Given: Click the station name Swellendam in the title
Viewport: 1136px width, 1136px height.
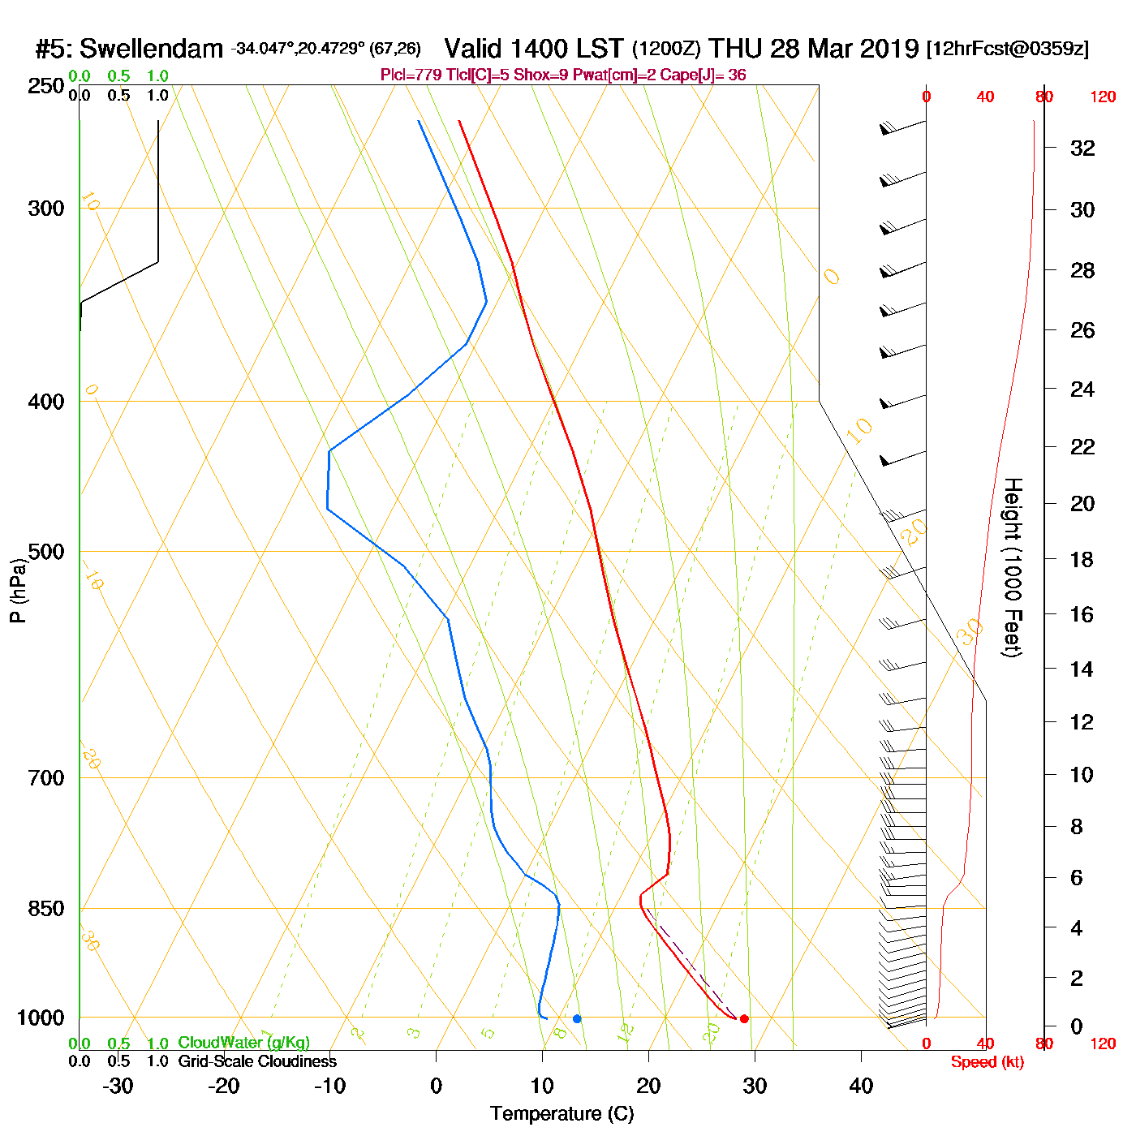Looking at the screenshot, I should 151,49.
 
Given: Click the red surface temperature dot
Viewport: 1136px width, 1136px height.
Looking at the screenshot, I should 744,1018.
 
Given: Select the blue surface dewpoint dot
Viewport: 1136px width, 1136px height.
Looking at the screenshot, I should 577,1018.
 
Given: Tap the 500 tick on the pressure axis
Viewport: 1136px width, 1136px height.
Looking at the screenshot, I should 46,552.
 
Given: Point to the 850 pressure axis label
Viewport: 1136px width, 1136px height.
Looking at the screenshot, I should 46,909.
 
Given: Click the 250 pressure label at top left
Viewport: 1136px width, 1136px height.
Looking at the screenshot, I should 46,86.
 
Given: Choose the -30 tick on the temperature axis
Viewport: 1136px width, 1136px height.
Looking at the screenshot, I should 118,1086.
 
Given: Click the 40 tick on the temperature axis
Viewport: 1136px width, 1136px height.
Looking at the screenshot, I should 861,1086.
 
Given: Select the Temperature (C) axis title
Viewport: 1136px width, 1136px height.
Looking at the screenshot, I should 562,1113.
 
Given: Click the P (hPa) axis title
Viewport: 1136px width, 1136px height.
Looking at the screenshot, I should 18,590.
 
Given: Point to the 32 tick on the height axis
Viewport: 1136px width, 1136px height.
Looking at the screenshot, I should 1082,148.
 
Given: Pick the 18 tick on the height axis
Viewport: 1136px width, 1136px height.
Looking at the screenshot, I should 1082,559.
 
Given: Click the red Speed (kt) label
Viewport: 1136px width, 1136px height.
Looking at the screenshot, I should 987,1062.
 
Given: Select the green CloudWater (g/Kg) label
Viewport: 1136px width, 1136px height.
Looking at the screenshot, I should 243,1043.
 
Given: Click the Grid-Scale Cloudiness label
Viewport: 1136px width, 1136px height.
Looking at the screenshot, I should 257,1061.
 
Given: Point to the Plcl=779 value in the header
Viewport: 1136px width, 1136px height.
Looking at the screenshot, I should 411,75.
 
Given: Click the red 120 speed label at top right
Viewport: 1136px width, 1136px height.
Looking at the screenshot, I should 1103,97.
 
